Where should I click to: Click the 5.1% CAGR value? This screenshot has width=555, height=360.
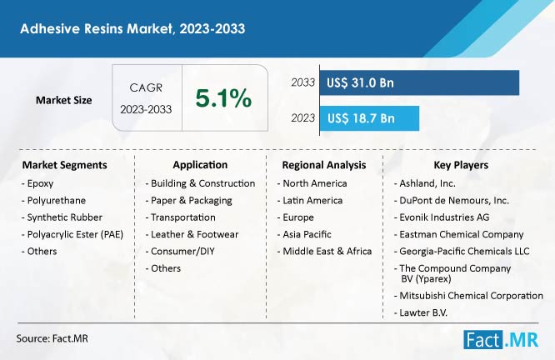[223, 98]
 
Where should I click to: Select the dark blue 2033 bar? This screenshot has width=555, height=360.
[419, 82]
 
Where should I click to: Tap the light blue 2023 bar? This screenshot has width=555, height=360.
[369, 118]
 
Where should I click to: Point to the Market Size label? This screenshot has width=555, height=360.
[63, 100]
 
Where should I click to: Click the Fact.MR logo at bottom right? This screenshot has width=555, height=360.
[501, 340]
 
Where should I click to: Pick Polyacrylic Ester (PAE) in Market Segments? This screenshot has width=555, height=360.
[72, 234]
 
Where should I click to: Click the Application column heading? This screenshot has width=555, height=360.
[200, 165]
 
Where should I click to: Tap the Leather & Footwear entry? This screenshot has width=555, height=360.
[192, 234]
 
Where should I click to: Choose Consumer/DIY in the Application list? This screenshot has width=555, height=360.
[180, 252]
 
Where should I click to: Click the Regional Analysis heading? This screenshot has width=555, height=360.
[324, 165]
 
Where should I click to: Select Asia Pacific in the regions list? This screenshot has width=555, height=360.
[304, 234]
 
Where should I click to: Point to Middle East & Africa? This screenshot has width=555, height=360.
[324, 252]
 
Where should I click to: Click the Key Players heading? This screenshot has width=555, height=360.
[461, 165]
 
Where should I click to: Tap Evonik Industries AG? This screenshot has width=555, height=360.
[442, 217]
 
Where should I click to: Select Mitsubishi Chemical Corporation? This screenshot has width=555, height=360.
[468, 296]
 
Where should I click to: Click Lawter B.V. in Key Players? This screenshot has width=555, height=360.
[421, 312]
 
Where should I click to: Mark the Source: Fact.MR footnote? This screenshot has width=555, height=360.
[52, 339]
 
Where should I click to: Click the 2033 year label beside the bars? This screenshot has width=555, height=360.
[303, 82]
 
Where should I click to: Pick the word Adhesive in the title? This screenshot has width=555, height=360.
[49, 28]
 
